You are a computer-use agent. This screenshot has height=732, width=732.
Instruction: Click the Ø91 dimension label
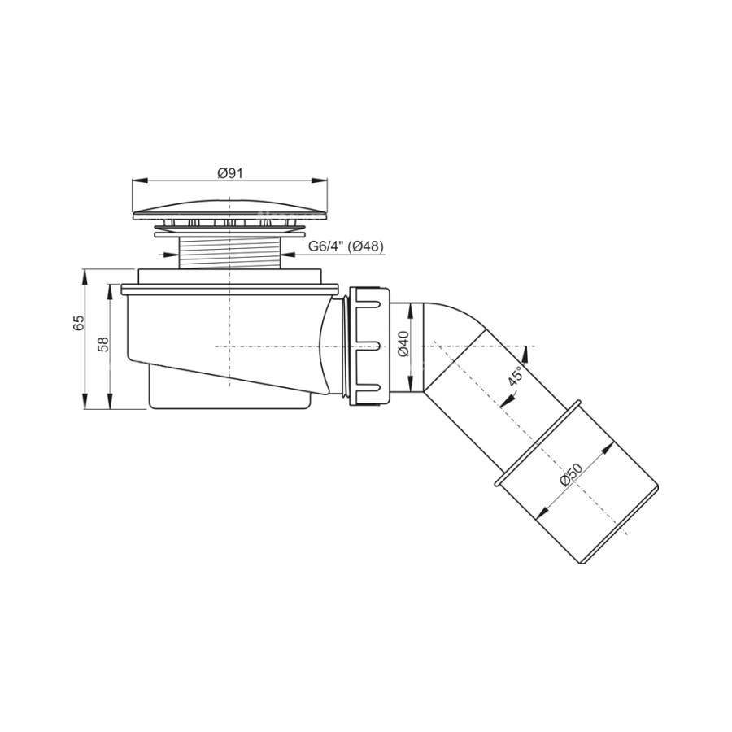pyautogui.click(x=230, y=173)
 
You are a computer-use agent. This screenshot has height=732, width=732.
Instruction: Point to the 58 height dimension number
pyautogui.click(x=103, y=344)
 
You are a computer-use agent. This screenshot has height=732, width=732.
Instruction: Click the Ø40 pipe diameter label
pyautogui.click(x=403, y=343)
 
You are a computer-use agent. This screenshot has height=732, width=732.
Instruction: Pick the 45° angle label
pyautogui.click(x=515, y=376)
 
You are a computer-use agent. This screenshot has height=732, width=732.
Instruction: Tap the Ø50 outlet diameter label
pyautogui.click(x=572, y=474)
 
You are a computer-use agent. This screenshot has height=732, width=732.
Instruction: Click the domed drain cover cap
pyautogui.click(x=230, y=209)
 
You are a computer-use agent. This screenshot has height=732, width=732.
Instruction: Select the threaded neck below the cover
pyautogui.click(x=230, y=252)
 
